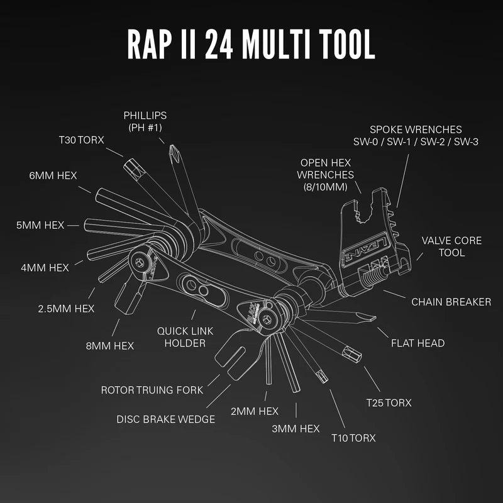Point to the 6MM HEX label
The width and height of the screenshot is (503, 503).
point(53,175)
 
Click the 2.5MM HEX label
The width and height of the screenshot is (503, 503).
point(66,308)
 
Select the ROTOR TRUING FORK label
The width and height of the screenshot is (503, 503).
point(152,390)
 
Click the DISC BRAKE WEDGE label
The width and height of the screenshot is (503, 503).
point(166,419)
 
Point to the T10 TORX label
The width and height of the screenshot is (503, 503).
point(353,438)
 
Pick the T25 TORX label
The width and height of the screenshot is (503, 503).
point(389,402)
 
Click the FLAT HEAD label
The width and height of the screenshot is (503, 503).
point(417,343)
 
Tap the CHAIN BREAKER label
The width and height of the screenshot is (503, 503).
point(451,302)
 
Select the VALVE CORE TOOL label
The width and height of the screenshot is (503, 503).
point(452,246)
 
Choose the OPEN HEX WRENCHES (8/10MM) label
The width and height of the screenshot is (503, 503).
point(326,174)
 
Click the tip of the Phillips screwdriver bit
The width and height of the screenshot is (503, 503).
point(170,149)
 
